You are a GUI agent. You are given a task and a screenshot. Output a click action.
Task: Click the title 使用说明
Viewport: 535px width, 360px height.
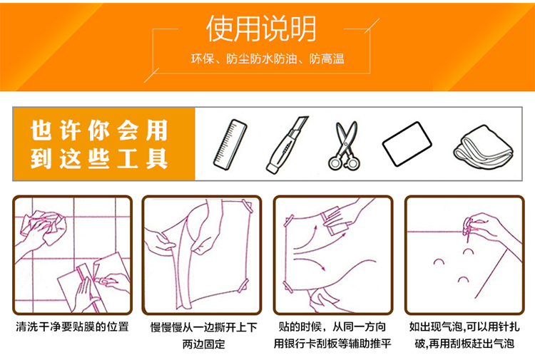click(261, 29)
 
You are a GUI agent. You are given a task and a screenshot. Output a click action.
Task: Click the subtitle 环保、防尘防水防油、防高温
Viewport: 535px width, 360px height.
click(267, 59)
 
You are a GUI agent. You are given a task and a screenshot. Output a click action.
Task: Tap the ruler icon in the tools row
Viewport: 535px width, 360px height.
click(230, 144)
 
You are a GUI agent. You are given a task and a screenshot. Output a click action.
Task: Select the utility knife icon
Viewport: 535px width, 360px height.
click(287, 145)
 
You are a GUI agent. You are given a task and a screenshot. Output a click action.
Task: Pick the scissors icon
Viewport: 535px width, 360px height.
click(345, 145)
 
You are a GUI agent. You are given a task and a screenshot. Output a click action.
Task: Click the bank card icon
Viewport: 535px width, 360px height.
click(407, 144)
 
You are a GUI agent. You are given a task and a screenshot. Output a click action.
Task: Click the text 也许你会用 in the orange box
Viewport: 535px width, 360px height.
click(99, 130)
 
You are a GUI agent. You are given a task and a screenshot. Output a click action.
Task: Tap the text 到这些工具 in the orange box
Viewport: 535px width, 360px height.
click(99, 158)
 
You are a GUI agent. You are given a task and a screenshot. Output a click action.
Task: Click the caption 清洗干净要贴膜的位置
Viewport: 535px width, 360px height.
click(72, 326)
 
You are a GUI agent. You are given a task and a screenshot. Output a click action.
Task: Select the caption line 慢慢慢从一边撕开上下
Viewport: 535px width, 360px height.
click(204, 327)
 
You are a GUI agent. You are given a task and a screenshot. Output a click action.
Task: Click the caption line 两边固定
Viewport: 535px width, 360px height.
click(204, 344)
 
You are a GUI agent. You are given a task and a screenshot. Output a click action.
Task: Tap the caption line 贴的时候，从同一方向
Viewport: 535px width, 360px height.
click(332, 327)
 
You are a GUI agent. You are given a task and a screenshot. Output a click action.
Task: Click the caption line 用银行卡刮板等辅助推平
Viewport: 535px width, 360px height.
click(332, 344)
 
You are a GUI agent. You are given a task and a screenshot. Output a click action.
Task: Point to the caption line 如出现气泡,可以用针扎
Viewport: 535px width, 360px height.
click(464, 326)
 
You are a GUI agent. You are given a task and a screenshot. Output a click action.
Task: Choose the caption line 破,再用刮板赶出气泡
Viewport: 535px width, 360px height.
click(464, 344)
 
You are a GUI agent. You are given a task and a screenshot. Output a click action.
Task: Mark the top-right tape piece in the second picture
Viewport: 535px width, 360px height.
click(248, 206)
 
